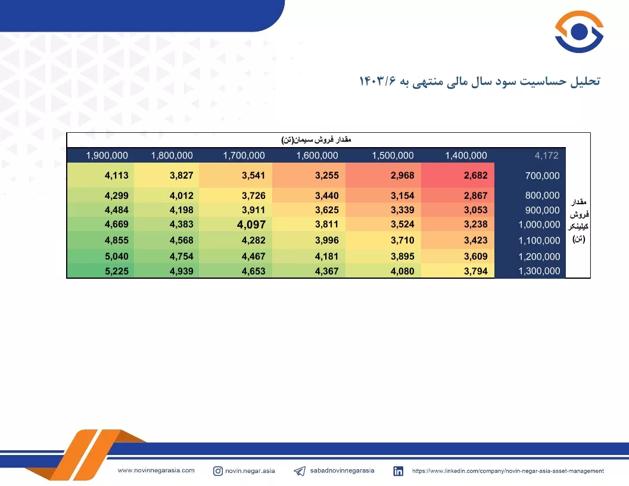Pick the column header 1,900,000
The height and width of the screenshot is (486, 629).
[107, 155]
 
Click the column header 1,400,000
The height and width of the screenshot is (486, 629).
[466, 155]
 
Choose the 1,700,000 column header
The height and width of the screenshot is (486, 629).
[244, 155]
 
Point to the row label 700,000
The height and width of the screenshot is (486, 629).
[543, 176]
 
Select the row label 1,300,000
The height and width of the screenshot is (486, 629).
[539, 271]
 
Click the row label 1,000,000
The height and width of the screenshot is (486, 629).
[539, 225]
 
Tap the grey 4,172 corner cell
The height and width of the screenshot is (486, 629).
[546, 155]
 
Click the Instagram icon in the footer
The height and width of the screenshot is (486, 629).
[218, 471]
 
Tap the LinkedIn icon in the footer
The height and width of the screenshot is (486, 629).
[398, 471]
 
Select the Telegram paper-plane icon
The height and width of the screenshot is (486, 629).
[300, 471]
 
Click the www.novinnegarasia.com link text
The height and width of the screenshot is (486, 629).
[156, 471]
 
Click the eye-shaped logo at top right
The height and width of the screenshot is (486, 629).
[579, 32]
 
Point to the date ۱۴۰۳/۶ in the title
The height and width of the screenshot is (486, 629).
[377, 81]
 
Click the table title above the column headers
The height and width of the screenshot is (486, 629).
[316, 139]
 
